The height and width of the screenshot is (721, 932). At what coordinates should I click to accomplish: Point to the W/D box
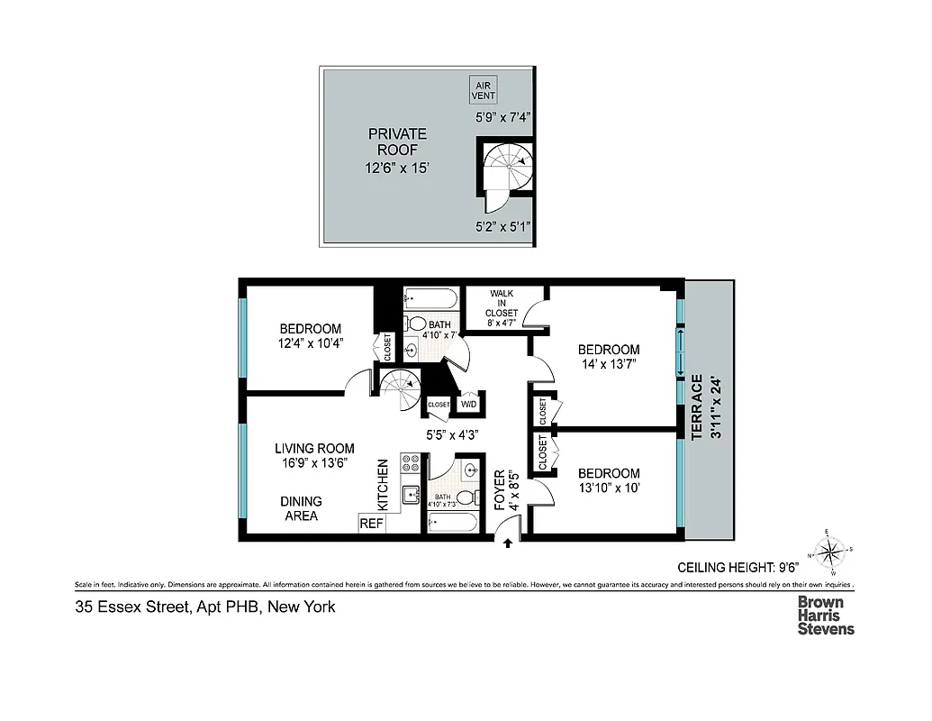pos(468,405)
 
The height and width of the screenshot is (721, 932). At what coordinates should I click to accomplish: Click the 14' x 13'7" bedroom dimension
pos(609,365)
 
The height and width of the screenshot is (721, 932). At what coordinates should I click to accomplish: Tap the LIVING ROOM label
pos(314,448)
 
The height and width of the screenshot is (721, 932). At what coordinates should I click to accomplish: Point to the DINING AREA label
pos(301,508)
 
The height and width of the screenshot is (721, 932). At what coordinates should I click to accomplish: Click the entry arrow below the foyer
pos(508,543)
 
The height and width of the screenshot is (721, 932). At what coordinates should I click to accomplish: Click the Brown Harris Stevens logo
pos(825,616)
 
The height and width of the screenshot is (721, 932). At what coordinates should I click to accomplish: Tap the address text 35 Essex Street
pos(205,607)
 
